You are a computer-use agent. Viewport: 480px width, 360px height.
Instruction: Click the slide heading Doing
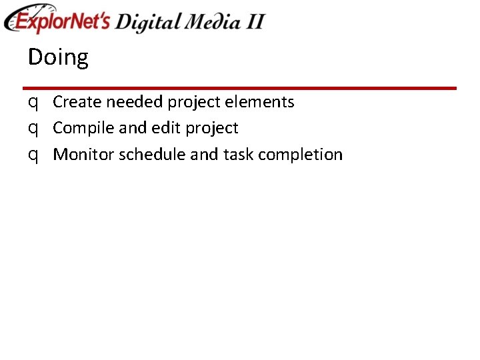click(x=58, y=58)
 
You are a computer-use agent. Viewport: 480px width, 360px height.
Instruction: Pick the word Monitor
click(x=83, y=155)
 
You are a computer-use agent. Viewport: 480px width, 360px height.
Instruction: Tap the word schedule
click(x=152, y=155)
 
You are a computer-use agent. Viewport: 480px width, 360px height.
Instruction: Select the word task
click(x=238, y=155)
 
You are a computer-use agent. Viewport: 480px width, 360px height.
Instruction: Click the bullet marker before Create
click(x=33, y=103)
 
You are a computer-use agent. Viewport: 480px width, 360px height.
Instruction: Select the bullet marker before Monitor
click(x=33, y=155)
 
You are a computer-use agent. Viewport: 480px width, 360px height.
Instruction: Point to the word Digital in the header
click(x=147, y=22)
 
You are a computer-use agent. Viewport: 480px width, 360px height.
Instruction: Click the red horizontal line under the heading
click(x=239, y=88)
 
